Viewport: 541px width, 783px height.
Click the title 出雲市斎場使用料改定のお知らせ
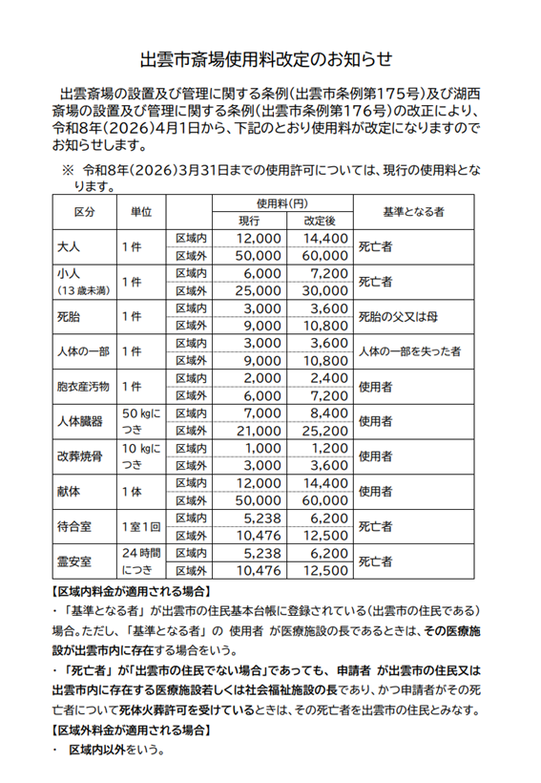tap(266, 59)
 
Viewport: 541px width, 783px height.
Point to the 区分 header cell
tap(84, 212)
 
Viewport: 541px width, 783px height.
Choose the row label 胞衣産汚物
tap(84, 387)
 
